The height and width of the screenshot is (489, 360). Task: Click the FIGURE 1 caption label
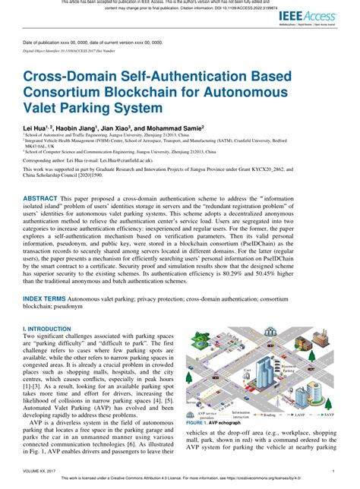(199, 421)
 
